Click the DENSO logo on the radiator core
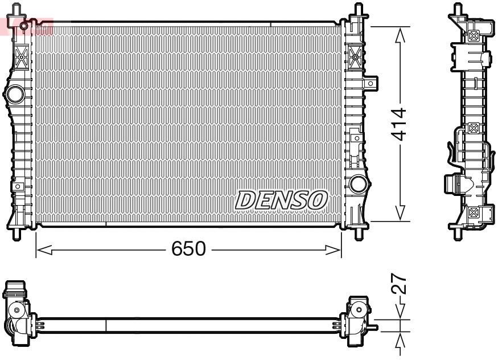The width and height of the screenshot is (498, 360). [x=282, y=200]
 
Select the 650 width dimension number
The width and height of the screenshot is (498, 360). [x=188, y=249]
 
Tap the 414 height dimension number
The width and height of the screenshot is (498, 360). [x=400, y=124]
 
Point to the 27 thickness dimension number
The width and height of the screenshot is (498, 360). [x=400, y=283]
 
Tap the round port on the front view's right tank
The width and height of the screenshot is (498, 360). [x=358, y=183]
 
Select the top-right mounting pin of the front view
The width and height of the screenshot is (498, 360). [x=359, y=10]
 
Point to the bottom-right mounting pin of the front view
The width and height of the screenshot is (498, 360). [x=359, y=233]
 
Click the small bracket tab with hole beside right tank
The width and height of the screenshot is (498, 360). [x=372, y=84]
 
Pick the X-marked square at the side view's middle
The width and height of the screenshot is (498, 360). [x=472, y=129]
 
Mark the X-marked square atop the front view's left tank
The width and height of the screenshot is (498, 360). [x=21, y=56]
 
